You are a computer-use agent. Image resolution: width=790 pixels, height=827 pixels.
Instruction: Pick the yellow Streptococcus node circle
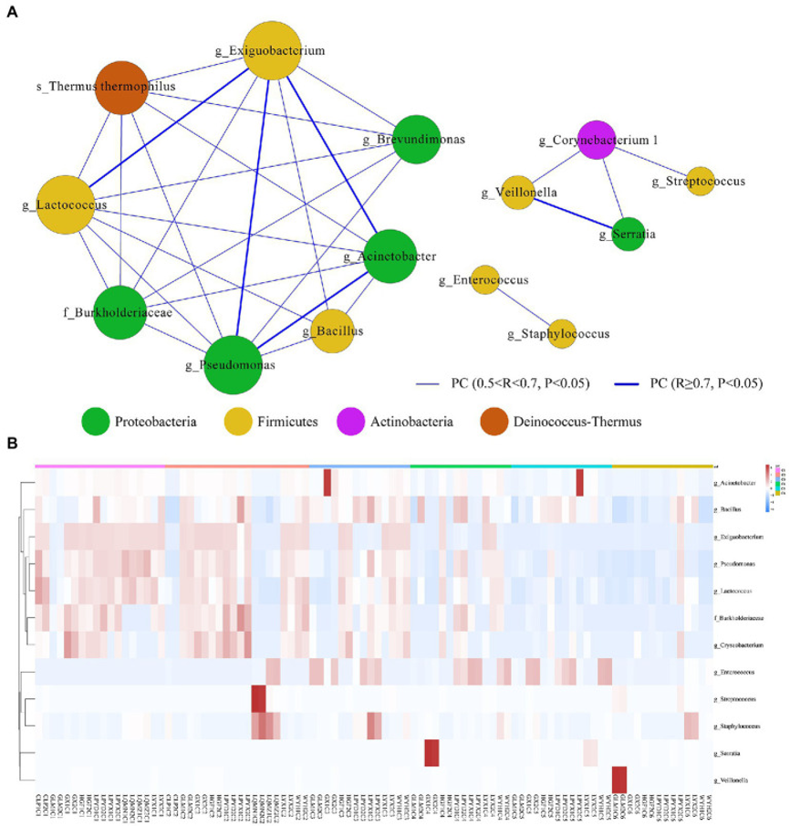(700, 182)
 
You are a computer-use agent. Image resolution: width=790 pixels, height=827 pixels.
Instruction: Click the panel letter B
(12, 444)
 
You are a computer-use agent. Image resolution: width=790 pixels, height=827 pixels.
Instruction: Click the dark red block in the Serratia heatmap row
(432, 753)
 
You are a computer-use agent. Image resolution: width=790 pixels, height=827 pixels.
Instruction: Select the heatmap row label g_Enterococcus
(737, 672)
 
